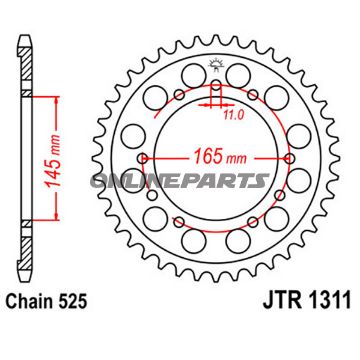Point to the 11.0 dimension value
coord(232,116)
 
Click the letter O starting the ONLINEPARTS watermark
coord(127,180)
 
